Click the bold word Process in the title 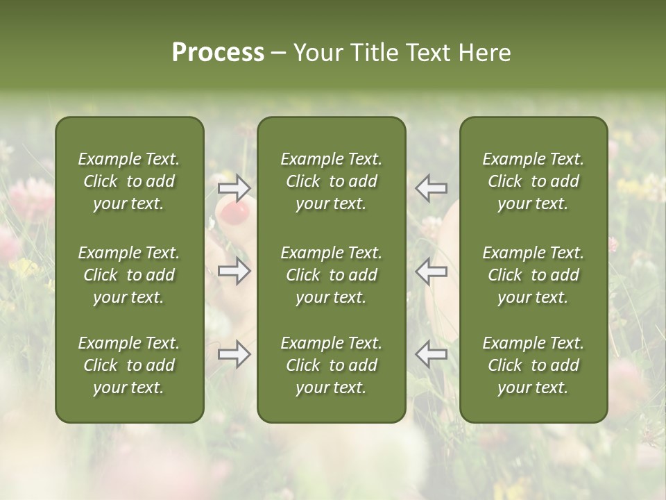[218, 53]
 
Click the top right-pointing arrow [234, 187]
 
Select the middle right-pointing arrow [234, 271]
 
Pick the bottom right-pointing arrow [234, 353]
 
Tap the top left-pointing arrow [431, 187]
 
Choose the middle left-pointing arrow [431, 271]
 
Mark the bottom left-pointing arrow [431, 353]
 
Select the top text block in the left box [129, 181]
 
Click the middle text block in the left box [129, 275]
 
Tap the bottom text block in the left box [129, 365]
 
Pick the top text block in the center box [332, 181]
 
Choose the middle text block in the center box [332, 275]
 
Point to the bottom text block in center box [332, 365]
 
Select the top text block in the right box [533, 181]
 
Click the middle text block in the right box [533, 275]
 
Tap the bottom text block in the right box [533, 365]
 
